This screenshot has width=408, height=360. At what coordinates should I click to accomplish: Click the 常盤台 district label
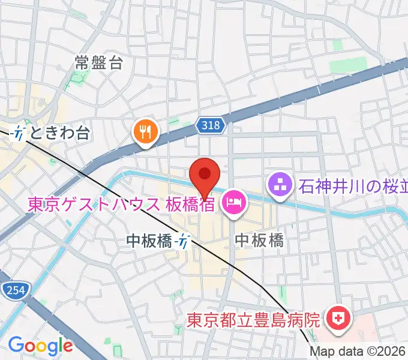pyautogui.click(x=99, y=62)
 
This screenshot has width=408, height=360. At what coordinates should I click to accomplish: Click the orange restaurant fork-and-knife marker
pyautogui.click(x=145, y=131)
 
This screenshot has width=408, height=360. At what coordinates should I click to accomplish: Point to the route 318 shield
pyautogui.click(x=211, y=125)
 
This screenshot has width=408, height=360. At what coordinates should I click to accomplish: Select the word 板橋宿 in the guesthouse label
pyautogui.click(x=190, y=205)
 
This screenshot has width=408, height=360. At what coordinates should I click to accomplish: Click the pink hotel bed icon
pyautogui.click(x=232, y=203)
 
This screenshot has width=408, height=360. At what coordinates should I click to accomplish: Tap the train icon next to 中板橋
pyautogui.click(x=183, y=241)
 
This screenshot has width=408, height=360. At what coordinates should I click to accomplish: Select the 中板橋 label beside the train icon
pyautogui.click(x=150, y=241)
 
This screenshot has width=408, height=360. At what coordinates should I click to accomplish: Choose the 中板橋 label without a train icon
pyautogui.click(x=259, y=241)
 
